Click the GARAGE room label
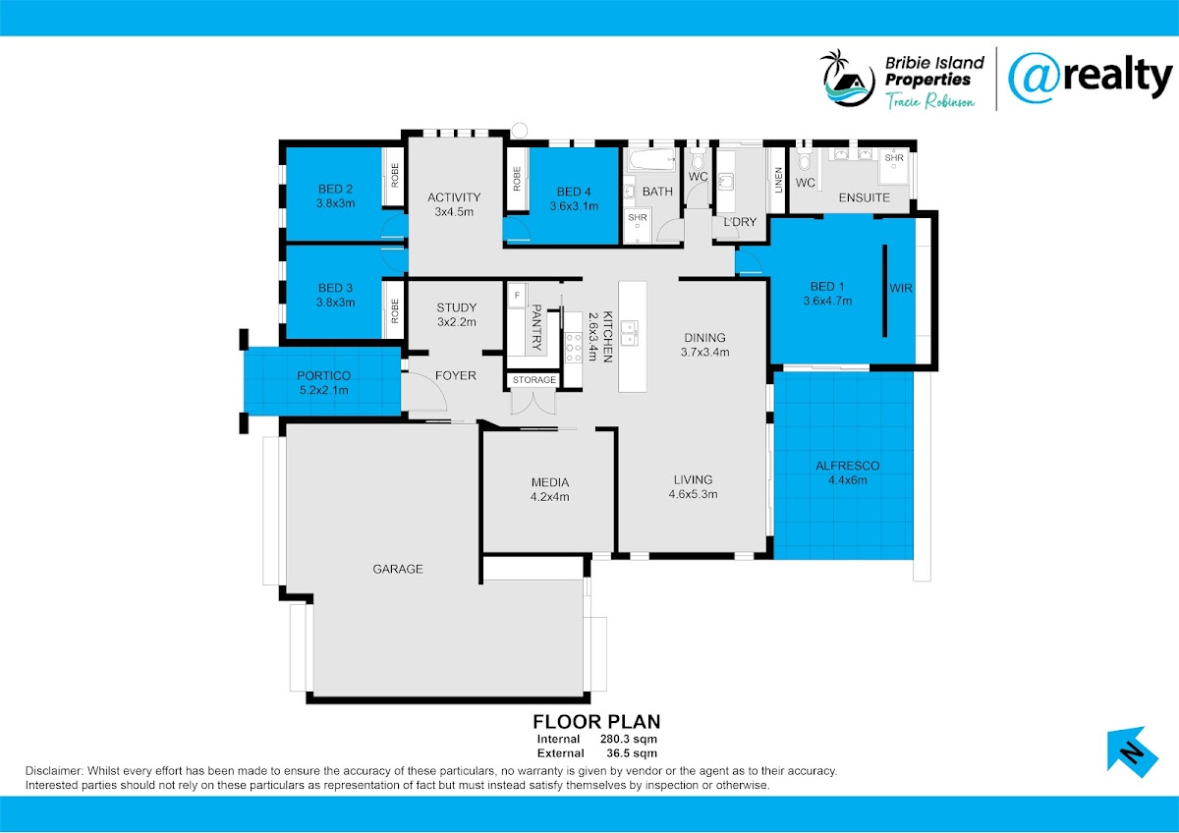pyautogui.click(x=397, y=569)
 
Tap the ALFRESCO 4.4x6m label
pyautogui.click(x=847, y=472)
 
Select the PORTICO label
pyautogui.click(x=323, y=375)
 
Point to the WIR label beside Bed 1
pyautogui.click(x=901, y=288)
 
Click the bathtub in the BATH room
pyautogui.click(x=651, y=159)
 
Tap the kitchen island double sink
pyautogui.click(x=630, y=333)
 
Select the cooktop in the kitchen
pyautogui.click(x=573, y=348)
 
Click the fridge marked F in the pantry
pyautogui.click(x=518, y=296)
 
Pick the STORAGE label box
pyautogui.click(x=533, y=380)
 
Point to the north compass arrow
pyautogui.click(x=1132, y=752)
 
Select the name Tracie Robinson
pyautogui.click(x=929, y=100)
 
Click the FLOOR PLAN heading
pyautogui.click(x=596, y=721)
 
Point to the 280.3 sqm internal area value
pyautogui.click(x=629, y=739)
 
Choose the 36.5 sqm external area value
pyautogui.click(x=632, y=753)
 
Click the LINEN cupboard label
pyautogui.click(x=778, y=180)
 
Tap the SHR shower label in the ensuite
pyautogui.click(x=894, y=158)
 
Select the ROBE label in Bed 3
pyautogui.click(x=395, y=310)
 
